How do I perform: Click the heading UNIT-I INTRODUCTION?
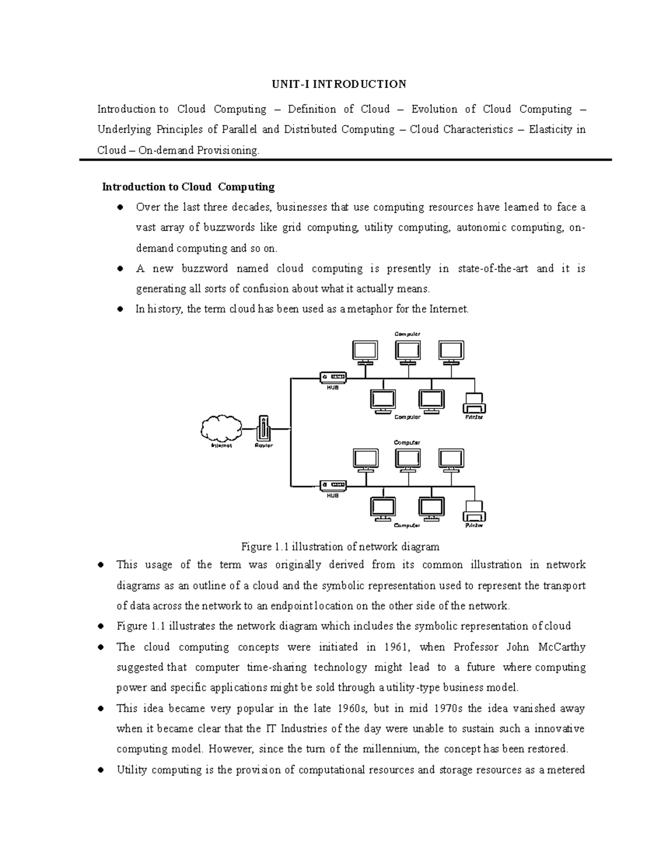click(338, 84)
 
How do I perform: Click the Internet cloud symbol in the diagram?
click(221, 427)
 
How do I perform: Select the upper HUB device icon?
click(333, 377)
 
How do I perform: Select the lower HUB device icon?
click(333, 486)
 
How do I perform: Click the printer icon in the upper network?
click(474, 404)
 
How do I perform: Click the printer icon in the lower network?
click(474, 512)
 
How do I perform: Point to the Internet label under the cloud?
click(221, 446)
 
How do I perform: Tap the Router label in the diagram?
click(264, 446)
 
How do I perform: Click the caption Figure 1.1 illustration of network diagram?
click(340, 547)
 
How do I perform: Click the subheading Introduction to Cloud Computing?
click(188, 187)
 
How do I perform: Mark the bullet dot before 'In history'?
click(120, 309)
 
